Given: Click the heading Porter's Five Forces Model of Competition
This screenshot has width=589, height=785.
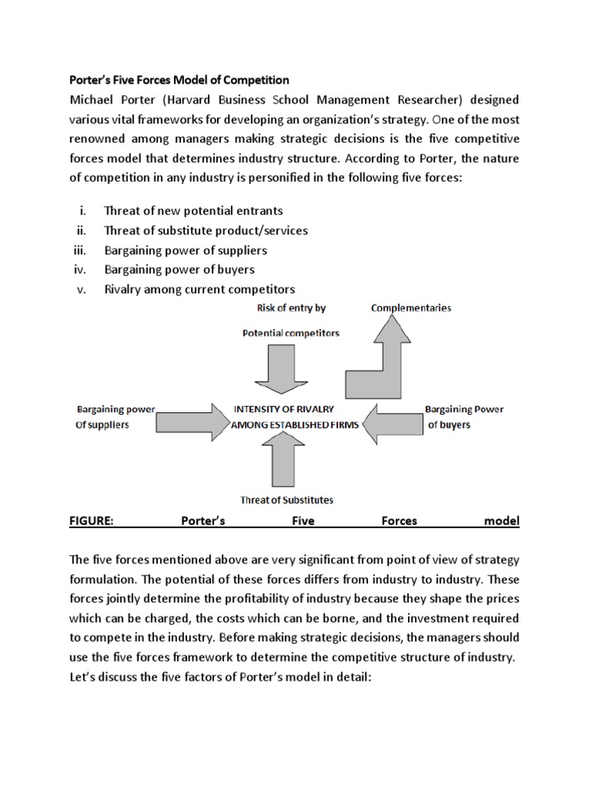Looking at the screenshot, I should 179,80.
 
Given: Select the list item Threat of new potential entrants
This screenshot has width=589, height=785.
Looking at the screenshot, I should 193,211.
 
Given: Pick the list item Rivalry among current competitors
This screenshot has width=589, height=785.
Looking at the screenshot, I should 199,289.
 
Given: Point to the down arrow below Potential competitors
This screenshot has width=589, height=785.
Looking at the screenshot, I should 281,368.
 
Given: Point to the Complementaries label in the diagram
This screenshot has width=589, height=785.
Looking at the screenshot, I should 411,308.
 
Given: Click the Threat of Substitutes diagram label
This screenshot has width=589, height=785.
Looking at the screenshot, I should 287,501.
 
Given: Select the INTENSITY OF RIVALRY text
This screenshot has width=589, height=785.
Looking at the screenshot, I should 284,409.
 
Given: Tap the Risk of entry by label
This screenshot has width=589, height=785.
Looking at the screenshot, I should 291,308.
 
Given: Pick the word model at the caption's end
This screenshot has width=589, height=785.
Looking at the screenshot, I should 502,521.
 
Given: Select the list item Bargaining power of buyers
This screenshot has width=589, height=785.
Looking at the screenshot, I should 179,270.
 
